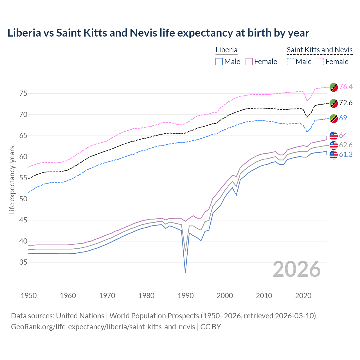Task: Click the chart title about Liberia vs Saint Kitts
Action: tap(158, 33)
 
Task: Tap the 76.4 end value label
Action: tap(346, 87)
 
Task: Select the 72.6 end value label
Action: tap(346, 103)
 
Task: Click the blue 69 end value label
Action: tap(343, 118)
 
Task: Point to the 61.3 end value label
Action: tap(346, 154)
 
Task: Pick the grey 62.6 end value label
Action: tap(346, 145)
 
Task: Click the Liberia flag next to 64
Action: tap(334, 136)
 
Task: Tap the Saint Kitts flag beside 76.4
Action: tap(334, 87)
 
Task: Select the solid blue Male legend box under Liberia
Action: tap(219, 62)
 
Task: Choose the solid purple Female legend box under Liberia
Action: tap(249, 62)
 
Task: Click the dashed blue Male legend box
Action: tap(291, 62)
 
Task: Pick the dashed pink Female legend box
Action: tap(320, 62)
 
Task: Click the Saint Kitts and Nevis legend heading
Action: tap(319, 50)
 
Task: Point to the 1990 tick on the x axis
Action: tap(186, 296)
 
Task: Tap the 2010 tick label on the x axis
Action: tap(264, 296)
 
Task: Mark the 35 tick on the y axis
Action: tap(23, 262)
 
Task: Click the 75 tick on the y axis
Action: tap(23, 93)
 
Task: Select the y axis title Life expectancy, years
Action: tap(12, 180)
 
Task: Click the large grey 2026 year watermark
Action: tap(296, 269)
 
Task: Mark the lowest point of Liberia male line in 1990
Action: tap(185, 273)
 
